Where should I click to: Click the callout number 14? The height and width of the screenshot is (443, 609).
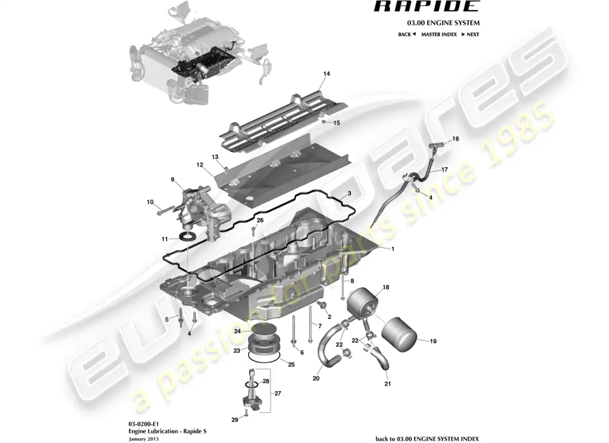327,74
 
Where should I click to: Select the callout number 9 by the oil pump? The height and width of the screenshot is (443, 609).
172,179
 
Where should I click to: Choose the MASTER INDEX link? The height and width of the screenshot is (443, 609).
438,34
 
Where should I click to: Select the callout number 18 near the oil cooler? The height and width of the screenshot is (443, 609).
386,287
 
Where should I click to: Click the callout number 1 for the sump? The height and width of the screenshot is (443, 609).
393,249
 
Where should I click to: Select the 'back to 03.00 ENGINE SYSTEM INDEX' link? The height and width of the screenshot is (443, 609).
427,439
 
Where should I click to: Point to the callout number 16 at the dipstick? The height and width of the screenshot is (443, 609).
456,139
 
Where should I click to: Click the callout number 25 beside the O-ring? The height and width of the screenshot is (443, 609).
291,364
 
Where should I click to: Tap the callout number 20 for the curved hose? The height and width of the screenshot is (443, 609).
316,379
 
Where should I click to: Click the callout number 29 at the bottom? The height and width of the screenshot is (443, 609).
235,420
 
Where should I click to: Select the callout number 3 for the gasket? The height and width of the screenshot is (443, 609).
349,194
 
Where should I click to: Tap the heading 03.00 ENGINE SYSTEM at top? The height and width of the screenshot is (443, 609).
443,23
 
